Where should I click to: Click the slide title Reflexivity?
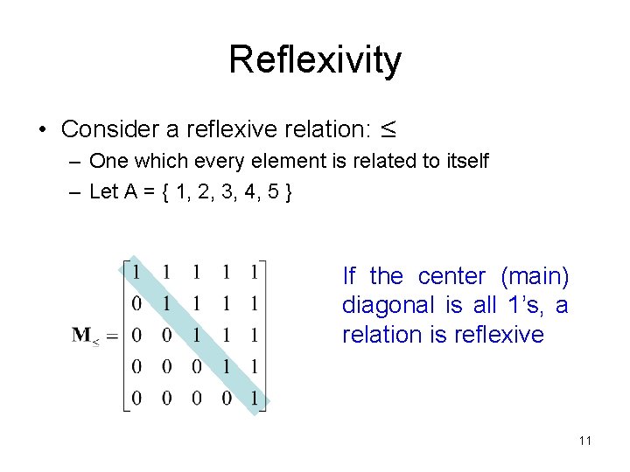pyautogui.click(x=315, y=60)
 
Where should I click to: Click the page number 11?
pyautogui.click(x=584, y=441)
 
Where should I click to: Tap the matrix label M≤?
pyautogui.click(x=85, y=335)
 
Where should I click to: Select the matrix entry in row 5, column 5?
pyautogui.click(x=254, y=399)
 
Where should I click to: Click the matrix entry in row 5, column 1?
pyautogui.click(x=137, y=399)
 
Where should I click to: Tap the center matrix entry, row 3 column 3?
pyautogui.click(x=196, y=336)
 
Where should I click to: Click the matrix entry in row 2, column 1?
pyautogui.click(x=137, y=304)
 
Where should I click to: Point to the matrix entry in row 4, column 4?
pyautogui.click(x=225, y=367)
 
